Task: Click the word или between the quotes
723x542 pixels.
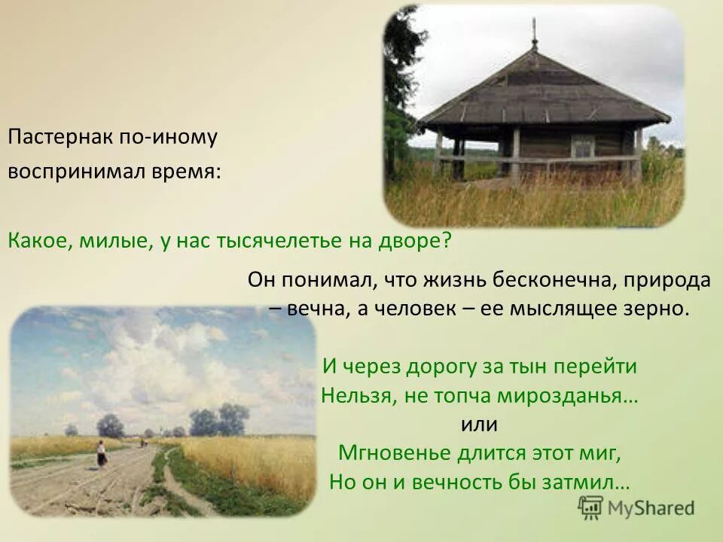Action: pyautogui.click(x=479, y=425)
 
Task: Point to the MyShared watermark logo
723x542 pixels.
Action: pyautogui.click(x=636, y=507)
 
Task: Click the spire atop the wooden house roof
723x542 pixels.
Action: pyautogui.click(x=535, y=34)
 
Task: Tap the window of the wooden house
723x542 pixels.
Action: pyautogui.click(x=582, y=147)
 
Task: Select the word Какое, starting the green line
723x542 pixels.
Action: pyautogui.click(x=35, y=240)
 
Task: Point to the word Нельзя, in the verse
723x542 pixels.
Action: pyautogui.click(x=353, y=396)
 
